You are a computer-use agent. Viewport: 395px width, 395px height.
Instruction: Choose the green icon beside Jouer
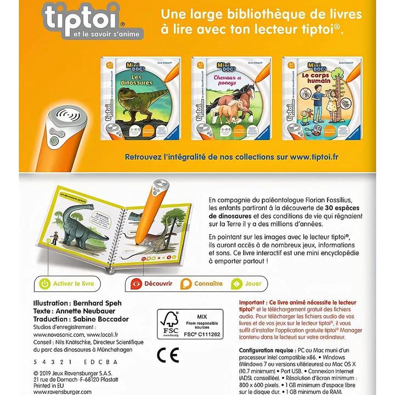(x=237, y=284)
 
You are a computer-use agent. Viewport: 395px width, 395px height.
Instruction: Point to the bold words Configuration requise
(x=269, y=349)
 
